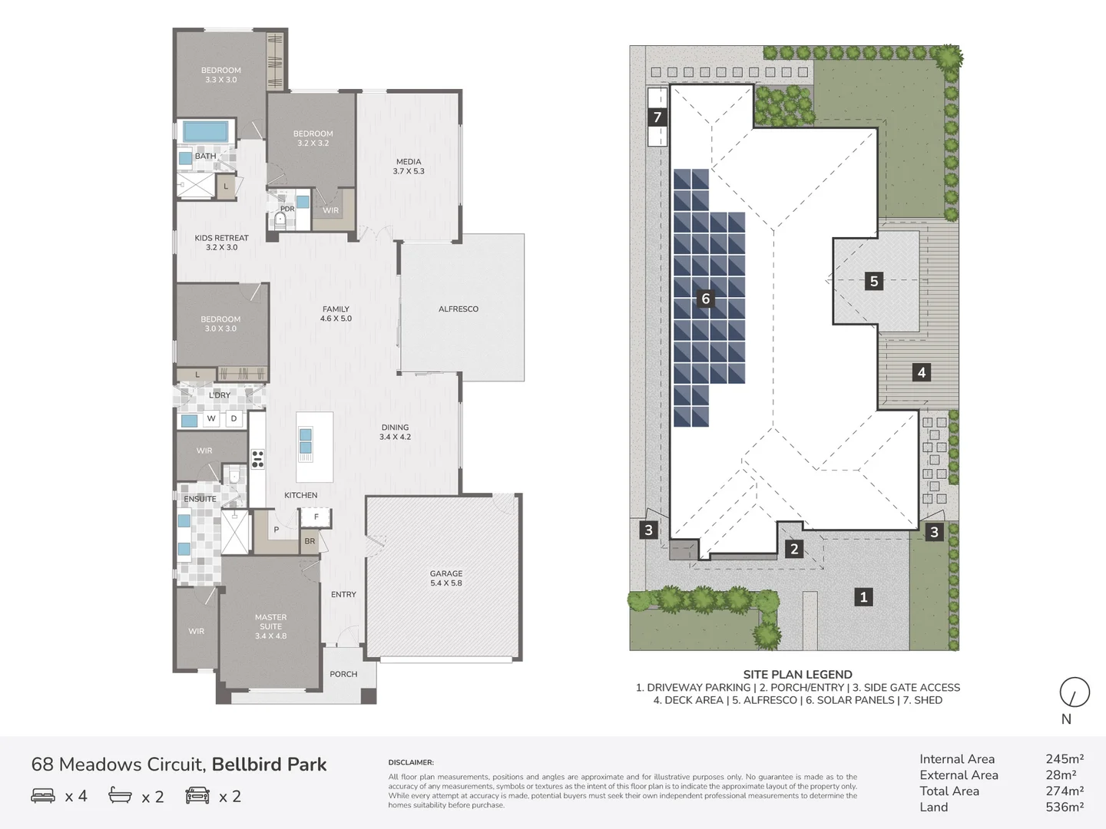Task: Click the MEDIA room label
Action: click(409, 167)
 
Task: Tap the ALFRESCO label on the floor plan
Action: click(459, 309)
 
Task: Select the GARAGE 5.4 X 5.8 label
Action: click(446, 578)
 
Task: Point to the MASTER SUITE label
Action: click(270, 626)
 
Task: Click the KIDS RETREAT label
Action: click(221, 243)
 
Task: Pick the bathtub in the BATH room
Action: click(205, 131)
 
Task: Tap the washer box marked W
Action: click(211, 418)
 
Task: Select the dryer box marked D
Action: click(234, 418)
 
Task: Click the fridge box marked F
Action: click(316, 517)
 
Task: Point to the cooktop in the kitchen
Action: click(258, 458)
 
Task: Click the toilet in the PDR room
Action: click(280, 221)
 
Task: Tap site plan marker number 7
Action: click(657, 117)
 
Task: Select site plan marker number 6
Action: click(706, 299)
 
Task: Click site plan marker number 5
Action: click(873, 281)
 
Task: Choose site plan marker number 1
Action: click(863, 596)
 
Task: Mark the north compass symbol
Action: click(1074, 692)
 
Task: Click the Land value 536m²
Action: click(1065, 807)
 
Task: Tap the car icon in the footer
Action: click(197, 796)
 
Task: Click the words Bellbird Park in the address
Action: click(269, 765)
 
